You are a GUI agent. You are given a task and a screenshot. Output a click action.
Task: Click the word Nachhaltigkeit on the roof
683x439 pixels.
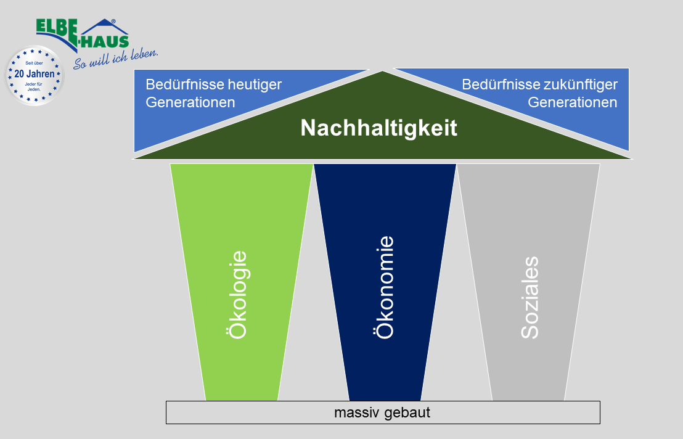point(378,128)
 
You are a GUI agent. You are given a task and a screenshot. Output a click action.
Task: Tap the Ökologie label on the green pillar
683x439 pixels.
point(237,294)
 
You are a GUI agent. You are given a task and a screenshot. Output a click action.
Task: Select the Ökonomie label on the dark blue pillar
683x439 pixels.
point(384,287)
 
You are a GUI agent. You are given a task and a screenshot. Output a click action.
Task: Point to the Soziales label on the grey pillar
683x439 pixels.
point(530,297)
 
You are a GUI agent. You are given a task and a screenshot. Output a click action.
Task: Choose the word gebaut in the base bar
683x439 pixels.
point(407,412)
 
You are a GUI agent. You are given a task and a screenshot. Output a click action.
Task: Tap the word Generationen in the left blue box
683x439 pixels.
point(190,102)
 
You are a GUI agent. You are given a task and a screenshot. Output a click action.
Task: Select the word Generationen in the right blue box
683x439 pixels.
point(572,102)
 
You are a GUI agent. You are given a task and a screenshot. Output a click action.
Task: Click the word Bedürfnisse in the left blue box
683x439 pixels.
point(176,84)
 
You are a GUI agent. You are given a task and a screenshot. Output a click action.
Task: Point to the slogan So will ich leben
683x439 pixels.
point(115,59)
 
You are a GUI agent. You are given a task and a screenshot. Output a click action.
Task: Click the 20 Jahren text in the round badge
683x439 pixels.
point(34,73)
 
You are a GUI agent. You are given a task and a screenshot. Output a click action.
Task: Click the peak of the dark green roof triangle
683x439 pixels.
point(383,73)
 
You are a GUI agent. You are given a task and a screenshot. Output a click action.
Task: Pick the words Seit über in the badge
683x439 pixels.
point(34,63)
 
